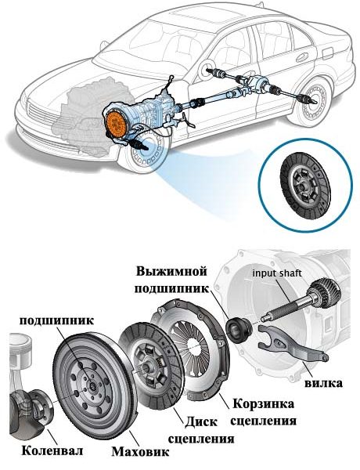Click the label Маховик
140,452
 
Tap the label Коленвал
52,450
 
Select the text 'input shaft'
277,273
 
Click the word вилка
323,383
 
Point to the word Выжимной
172,272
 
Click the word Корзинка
263,403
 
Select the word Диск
200,421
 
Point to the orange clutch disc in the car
117,125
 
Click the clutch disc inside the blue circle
304,185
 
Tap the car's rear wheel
313,99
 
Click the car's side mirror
207,68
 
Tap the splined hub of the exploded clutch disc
147,366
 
